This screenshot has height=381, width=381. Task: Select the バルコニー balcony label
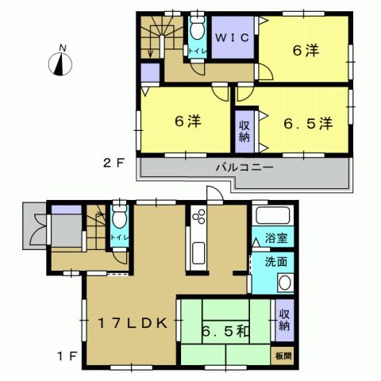(244, 168)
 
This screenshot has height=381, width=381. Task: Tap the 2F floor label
(114, 166)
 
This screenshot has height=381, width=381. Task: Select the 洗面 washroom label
(275, 261)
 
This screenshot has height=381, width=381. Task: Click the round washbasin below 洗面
(283, 283)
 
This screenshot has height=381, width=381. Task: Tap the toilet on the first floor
(119, 221)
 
